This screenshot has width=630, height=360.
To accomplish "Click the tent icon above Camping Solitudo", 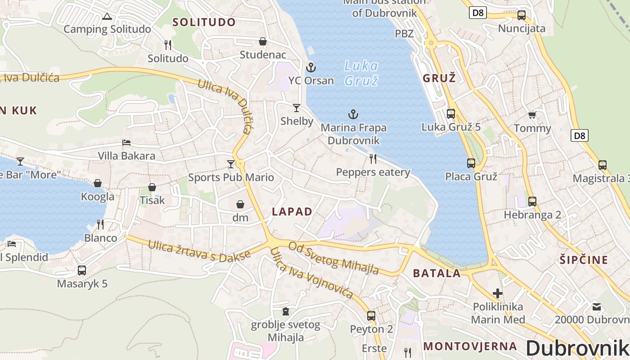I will tap(107, 17).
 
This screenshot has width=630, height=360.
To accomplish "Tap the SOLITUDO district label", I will tap(204, 22).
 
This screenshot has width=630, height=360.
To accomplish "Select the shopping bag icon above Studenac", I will tap(263, 42).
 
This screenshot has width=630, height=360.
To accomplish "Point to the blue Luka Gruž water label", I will tap(361, 73).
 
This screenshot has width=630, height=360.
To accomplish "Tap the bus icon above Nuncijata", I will tap(521, 15).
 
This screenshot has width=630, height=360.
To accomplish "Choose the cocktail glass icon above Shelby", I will tap(296, 108).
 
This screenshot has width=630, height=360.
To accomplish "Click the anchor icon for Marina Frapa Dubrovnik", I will tap(353, 114).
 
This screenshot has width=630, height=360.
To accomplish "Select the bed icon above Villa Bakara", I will tap(126, 143).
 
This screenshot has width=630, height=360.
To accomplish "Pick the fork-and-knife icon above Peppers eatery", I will tap(373, 158).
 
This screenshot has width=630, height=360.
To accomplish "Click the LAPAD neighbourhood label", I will tap(292, 212).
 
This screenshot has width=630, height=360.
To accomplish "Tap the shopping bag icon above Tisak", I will tap(152, 187).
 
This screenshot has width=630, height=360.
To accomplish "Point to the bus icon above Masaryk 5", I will tap(81, 270).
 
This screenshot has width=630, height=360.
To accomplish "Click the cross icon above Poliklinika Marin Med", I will tap(497, 294).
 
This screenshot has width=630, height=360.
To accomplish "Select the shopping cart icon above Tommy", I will tap(532, 115).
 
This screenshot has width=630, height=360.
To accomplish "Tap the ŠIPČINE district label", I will tap(584, 260).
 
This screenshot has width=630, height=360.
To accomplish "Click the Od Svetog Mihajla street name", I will tap(333, 258).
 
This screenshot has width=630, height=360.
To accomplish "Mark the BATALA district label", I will tap(436, 273).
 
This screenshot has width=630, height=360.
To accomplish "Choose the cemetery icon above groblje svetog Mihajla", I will tap(285, 311).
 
